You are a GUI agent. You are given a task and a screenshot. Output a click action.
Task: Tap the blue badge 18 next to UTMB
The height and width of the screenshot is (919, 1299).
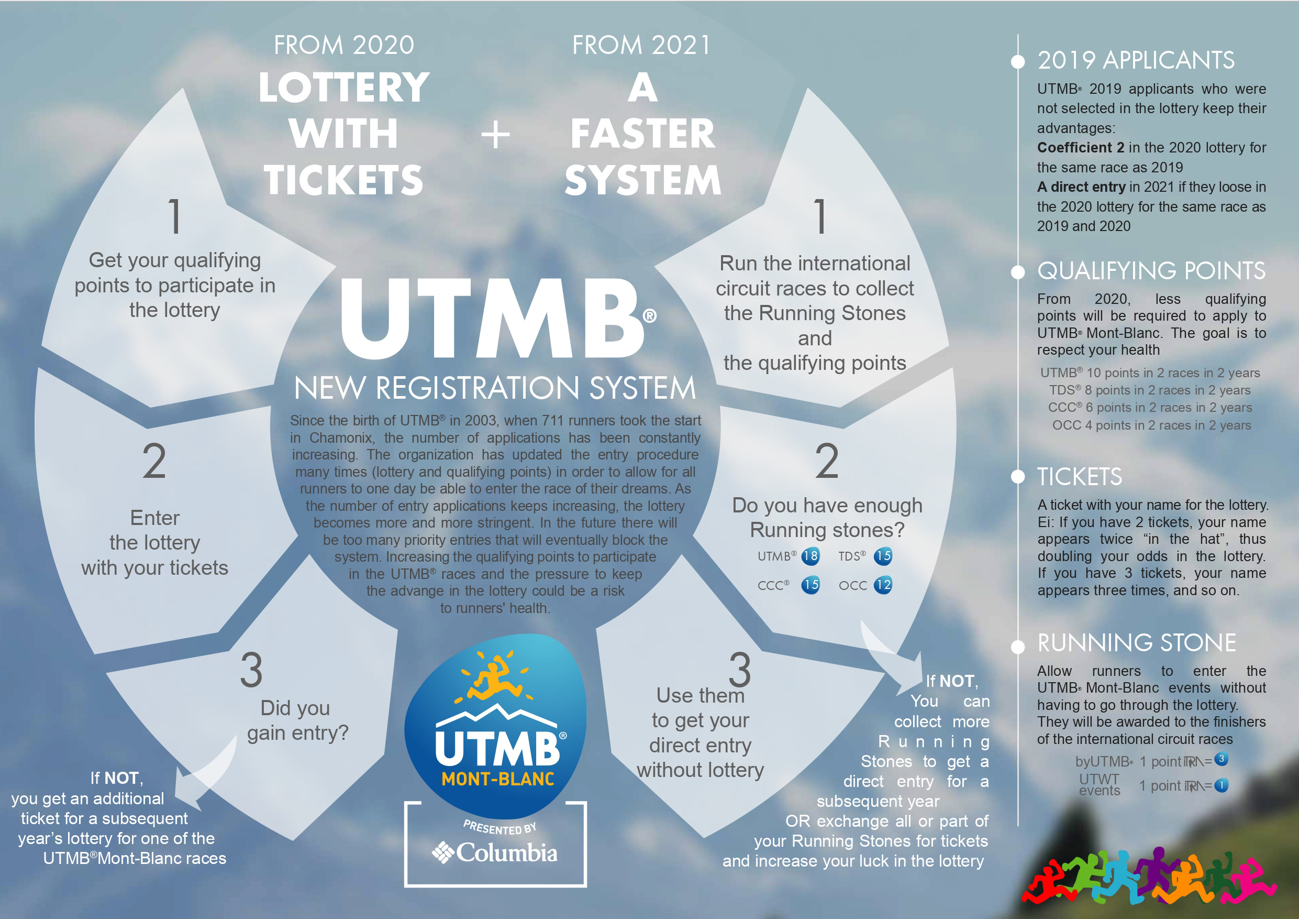[810, 556]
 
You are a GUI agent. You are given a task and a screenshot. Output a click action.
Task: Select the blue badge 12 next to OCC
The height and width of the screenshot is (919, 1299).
[883, 585]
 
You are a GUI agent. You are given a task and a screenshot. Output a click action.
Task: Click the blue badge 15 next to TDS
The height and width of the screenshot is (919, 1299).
[883, 556]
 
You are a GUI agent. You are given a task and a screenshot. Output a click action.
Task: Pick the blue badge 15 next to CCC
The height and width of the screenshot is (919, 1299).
[810, 585]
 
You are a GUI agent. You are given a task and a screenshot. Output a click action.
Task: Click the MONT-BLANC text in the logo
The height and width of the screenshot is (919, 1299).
[498, 779]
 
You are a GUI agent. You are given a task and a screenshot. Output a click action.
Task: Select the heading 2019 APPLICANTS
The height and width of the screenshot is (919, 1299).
[1136, 61]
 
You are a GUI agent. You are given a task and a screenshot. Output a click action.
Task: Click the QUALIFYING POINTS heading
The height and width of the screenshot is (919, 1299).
[1151, 271]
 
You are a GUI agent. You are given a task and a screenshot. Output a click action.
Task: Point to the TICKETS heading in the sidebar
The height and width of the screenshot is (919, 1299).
[1080, 477]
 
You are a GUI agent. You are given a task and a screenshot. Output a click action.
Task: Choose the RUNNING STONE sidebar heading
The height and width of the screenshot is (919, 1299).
[1136, 643]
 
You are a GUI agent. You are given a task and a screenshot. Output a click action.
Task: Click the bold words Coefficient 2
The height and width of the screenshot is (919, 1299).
[1080, 148]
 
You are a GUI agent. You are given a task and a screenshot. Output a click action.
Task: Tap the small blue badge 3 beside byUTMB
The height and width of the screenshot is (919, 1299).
[1221, 759]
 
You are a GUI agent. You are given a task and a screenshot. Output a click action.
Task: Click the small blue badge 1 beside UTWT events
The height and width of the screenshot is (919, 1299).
[1221, 785]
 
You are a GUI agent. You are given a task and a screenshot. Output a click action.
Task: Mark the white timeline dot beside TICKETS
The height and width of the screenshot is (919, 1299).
[1018, 477]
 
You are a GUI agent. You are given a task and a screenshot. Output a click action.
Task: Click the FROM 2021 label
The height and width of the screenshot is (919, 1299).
[641, 45]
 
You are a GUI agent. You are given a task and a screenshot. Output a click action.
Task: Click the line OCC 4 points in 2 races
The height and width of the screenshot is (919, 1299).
[1151, 425]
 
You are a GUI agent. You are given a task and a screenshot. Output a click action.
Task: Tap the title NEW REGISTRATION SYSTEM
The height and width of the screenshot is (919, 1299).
[494, 388]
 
